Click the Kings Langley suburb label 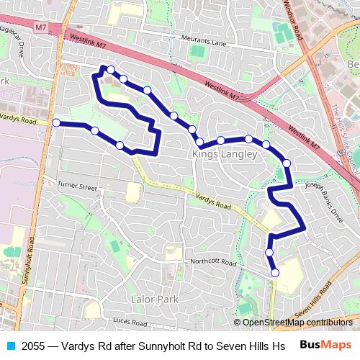click(224, 155)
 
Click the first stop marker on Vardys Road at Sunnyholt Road click(56, 123)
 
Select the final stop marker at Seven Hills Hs click(275, 272)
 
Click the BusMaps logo click(325, 345)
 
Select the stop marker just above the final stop click(269, 253)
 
